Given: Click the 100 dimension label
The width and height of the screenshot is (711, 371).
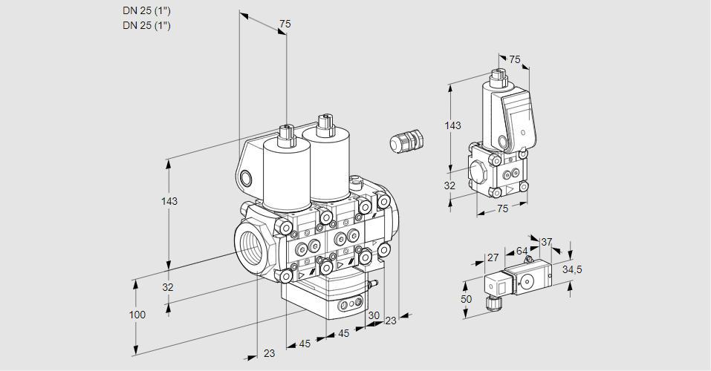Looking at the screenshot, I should pos(137,315).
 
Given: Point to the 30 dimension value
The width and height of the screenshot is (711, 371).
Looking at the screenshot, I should pos(374,315).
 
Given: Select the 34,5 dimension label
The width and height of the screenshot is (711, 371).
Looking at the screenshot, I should pos(571,269).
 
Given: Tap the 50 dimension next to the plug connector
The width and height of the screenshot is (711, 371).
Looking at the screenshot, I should pos(467,298).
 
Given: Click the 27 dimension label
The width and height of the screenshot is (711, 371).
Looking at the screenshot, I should pos(493,257).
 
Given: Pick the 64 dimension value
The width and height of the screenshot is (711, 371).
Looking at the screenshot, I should pos(522,252).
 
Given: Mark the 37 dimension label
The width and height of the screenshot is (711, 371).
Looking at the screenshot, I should pos(546,242).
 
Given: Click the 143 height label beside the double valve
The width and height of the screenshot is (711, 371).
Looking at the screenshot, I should pos(170,202).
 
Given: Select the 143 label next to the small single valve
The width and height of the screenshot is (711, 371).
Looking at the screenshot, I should pos(452,125).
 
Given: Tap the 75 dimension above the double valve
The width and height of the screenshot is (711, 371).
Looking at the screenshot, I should pos(284,24).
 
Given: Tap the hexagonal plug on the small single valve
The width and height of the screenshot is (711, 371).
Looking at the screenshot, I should pos(478,171).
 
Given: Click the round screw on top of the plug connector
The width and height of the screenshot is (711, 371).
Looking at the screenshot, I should pos(527,280).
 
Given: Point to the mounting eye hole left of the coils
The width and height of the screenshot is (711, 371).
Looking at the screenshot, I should pos(246,177).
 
